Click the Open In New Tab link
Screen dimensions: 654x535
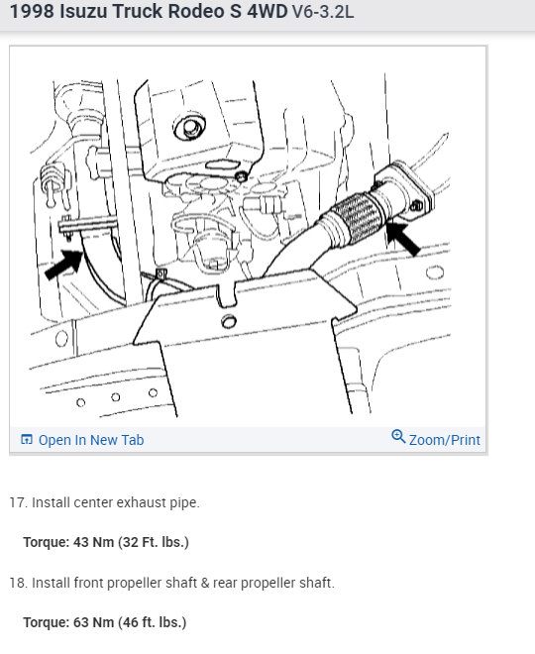90,440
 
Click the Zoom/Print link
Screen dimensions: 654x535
444,439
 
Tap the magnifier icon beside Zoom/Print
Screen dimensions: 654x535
398,437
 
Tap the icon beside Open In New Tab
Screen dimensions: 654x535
27,440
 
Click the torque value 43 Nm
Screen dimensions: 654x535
96,542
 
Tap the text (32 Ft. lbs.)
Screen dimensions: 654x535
156,542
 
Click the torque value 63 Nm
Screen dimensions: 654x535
96,622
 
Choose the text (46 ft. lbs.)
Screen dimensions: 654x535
155,622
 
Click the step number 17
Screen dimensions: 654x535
18,502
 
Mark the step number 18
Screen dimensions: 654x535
18,583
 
